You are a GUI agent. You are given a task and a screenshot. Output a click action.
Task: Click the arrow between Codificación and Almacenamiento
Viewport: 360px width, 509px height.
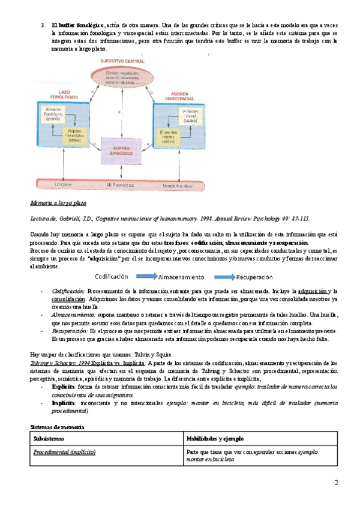(x=146, y=260)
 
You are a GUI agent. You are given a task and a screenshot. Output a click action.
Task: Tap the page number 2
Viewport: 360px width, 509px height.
(x=335, y=483)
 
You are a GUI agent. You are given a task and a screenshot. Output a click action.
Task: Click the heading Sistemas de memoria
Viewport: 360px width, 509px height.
(x=57, y=427)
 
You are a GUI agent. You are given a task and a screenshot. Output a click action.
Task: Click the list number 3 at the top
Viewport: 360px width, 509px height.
(x=43, y=24)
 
